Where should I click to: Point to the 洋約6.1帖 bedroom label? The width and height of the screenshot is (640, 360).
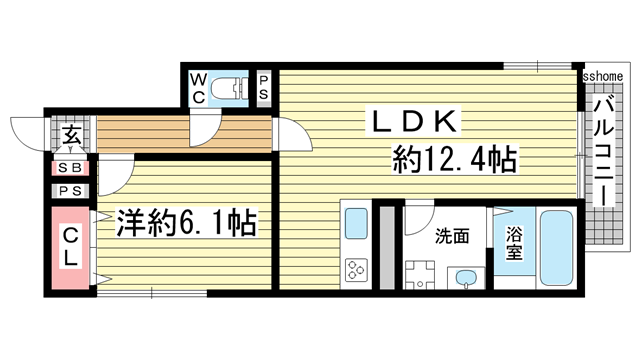pos(185,222)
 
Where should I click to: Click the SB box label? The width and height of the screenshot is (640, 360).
pos(70,169)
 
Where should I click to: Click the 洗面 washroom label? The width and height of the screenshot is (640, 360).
pos(453,237)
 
